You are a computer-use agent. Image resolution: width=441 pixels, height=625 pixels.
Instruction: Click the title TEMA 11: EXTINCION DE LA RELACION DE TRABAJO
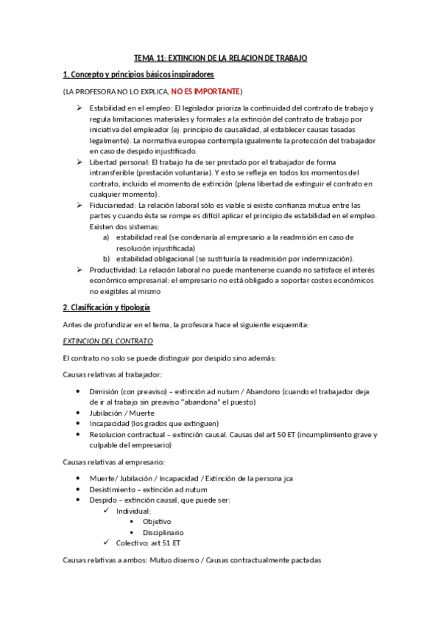coord(220,57)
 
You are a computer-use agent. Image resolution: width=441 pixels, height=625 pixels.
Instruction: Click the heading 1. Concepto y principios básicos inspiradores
coord(138,74)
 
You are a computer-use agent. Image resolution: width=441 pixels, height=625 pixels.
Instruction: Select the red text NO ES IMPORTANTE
coord(205,91)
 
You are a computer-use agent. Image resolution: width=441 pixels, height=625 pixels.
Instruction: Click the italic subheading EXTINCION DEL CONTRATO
coord(107,341)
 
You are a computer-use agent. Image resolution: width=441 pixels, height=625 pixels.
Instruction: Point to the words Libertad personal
coord(116,161)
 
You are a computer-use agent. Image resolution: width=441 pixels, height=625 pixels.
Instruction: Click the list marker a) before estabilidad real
coord(106,237)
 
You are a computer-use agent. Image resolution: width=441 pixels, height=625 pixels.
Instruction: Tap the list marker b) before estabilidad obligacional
coord(106,259)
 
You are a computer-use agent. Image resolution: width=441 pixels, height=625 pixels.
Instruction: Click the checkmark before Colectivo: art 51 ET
coord(107,542)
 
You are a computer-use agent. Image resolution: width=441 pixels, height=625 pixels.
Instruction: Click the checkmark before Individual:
coord(107,510)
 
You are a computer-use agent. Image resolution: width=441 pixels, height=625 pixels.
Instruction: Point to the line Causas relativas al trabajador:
coord(107,374)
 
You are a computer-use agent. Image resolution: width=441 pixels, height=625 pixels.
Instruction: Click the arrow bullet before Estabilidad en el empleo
coord(80,108)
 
